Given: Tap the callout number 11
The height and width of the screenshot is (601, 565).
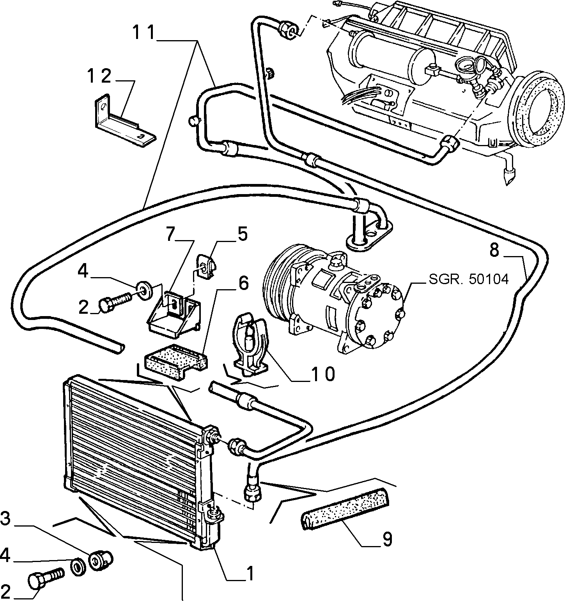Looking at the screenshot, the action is [x=144, y=33].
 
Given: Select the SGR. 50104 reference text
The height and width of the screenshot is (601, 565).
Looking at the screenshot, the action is [x=469, y=279].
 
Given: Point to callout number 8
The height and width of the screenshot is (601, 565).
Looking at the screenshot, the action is [x=494, y=250].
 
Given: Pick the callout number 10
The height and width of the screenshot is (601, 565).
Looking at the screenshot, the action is [x=323, y=375].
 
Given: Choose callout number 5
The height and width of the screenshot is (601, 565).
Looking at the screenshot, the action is [x=242, y=235].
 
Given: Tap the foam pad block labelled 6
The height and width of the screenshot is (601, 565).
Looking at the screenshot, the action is [x=176, y=361].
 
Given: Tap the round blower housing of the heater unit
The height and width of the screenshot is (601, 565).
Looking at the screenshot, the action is [x=536, y=110].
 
